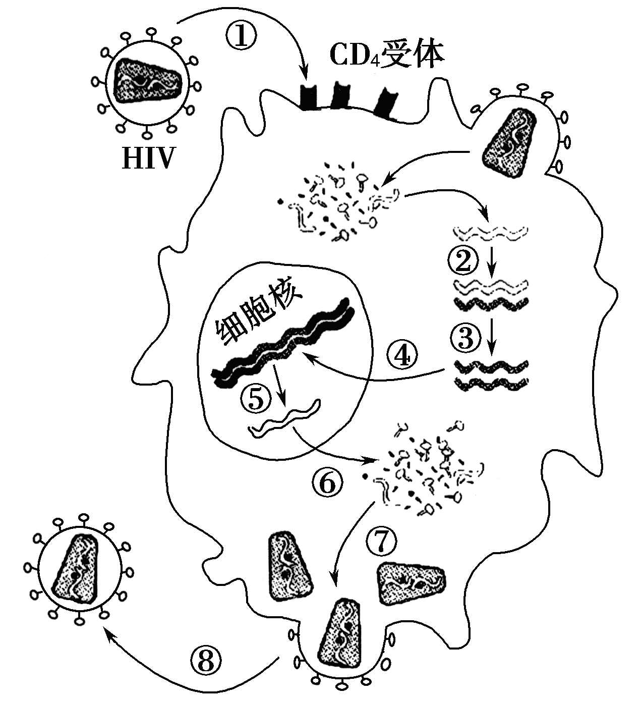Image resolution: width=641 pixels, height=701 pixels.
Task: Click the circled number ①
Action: (x=242, y=37)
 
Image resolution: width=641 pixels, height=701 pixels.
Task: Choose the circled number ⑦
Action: (x=381, y=543)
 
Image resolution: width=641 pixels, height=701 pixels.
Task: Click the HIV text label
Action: (x=147, y=158)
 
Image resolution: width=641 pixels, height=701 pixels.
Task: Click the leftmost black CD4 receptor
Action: (x=308, y=98)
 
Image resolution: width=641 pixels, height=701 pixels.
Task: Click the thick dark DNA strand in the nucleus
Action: (x=282, y=343)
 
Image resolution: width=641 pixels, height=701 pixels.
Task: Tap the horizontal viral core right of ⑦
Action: (x=411, y=583)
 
